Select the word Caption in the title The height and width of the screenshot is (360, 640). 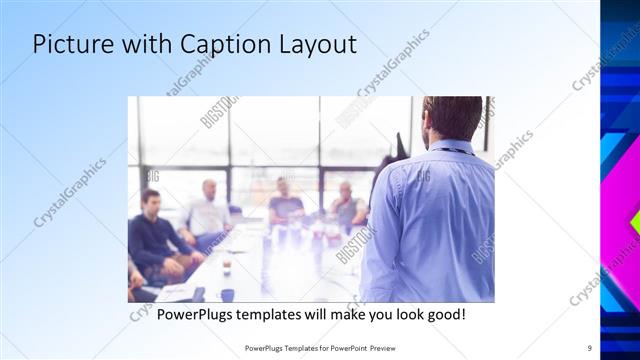click(220, 45)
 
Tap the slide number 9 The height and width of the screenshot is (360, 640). click(589, 347)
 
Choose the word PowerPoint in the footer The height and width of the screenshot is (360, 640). click(344, 347)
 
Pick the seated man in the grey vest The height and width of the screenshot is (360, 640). click(346, 207)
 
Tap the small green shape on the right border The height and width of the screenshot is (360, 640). click(635, 222)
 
